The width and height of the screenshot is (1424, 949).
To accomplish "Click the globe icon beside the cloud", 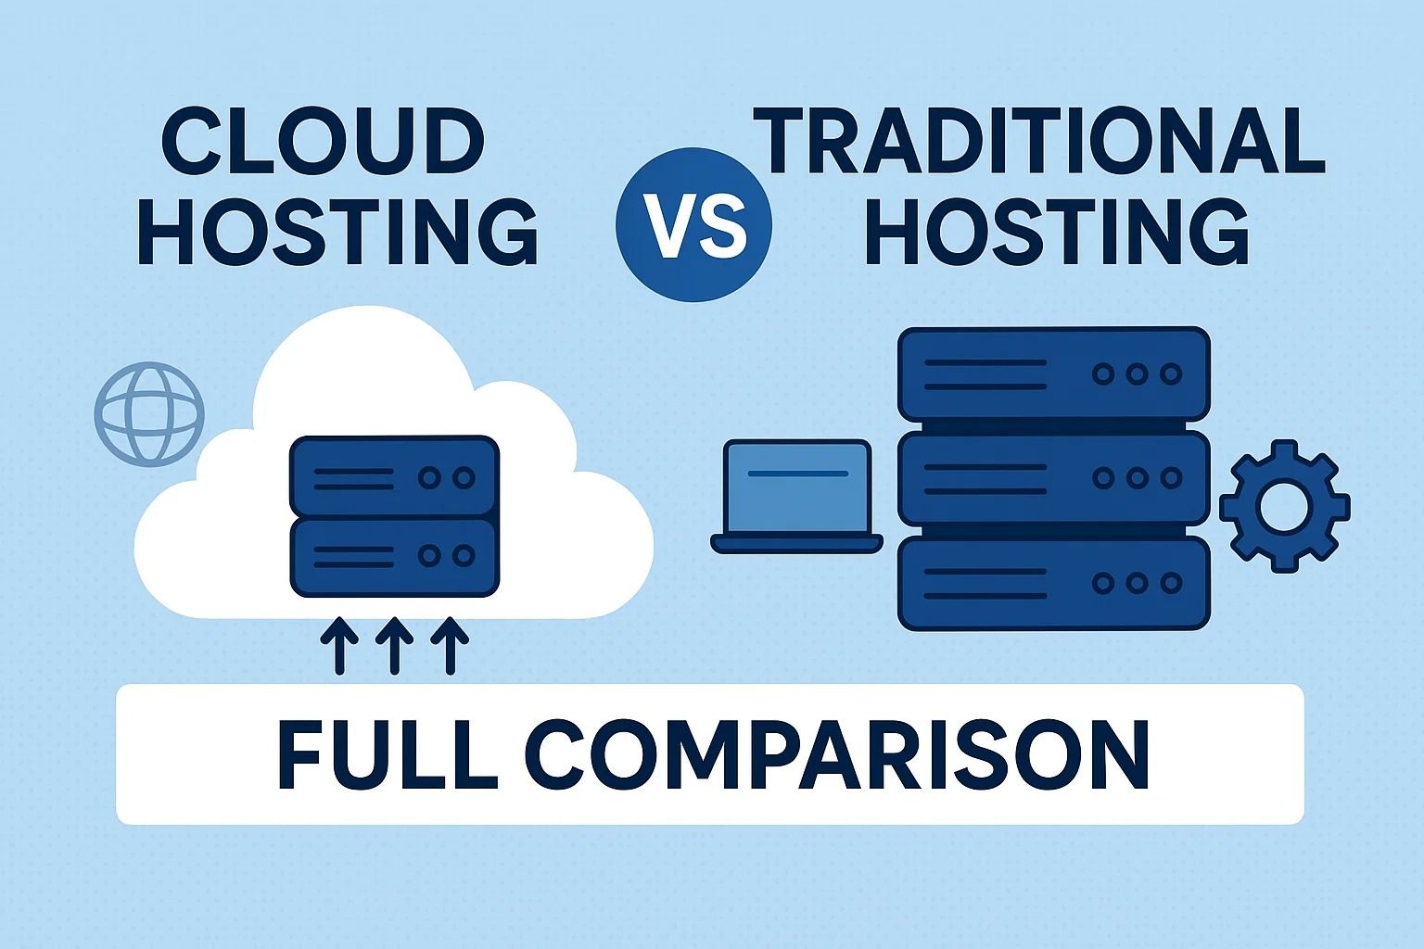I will point(149,413).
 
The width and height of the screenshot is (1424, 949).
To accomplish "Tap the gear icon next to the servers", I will point(1284,506).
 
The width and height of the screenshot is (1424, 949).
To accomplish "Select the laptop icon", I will point(797,497).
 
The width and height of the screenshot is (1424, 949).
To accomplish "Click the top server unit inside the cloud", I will point(395,476).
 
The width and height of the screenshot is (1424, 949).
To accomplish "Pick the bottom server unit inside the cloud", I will point(395,556).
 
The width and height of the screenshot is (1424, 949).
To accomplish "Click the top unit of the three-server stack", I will point(1054,373).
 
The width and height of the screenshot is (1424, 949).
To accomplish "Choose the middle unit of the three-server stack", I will point(1054,478).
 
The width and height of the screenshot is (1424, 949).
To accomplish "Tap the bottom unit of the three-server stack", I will point(1054,583).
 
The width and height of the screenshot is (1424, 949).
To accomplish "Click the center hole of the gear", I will point(1284,506).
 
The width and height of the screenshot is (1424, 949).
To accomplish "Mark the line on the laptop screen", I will point(797,474).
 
